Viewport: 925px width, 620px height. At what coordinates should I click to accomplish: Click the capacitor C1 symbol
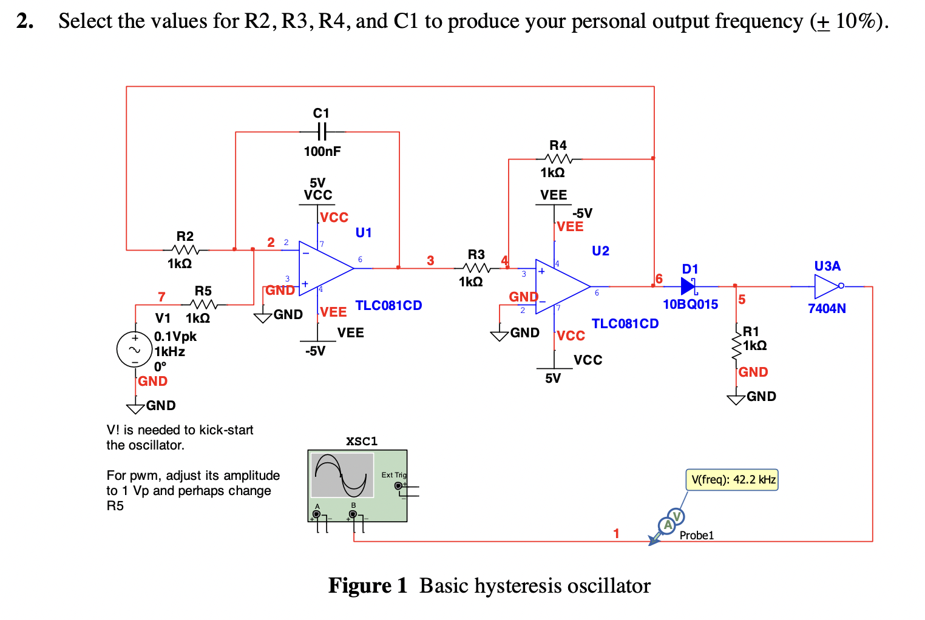[x=322, y=132]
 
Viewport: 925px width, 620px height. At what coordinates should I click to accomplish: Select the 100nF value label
[x=322, y=152]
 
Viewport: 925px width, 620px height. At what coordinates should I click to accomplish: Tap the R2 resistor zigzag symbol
[x=185, y=250]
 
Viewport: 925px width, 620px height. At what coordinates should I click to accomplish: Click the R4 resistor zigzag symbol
[x=558, y=159]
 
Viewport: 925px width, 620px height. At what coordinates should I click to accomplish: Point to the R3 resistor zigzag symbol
[x=476, y=268]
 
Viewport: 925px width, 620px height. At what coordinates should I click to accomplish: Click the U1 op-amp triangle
[x=326, y=268]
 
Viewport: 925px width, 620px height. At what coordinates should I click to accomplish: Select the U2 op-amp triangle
[x=563, y=286]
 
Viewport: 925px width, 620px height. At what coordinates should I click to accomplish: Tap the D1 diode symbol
[x=688, y=286]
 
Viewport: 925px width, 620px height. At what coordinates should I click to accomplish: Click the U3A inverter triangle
[x=828, y=286]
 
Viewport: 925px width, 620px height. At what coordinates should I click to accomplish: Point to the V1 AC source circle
[x=135, y=349]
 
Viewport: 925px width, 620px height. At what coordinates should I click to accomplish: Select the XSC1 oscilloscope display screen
[x=342, y=475]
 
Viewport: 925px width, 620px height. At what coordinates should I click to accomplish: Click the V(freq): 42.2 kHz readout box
[x=732, y=480]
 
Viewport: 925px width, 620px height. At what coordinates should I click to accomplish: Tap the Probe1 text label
[x=697, y=536]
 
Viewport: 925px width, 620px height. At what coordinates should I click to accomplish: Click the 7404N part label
[x=827, y=308]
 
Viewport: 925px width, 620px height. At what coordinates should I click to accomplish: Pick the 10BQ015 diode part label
[x=691, y=304]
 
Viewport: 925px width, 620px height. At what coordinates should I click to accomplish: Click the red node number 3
[x=430, y=260]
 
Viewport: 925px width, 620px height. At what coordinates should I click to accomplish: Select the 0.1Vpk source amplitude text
[x=175, y=337]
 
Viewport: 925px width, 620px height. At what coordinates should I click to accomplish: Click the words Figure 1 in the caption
[x=368, y=586]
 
